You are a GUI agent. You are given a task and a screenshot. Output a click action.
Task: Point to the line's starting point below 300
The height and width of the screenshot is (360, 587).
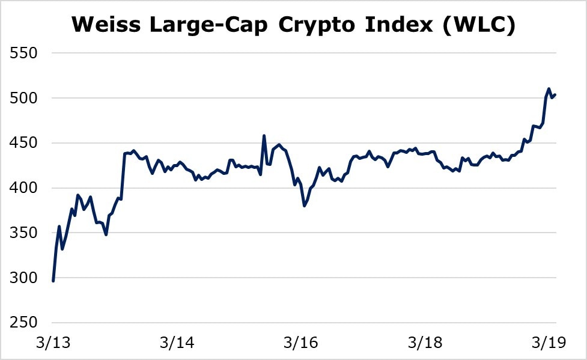53,281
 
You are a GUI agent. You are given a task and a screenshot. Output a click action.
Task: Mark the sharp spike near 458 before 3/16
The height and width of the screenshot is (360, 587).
264,136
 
